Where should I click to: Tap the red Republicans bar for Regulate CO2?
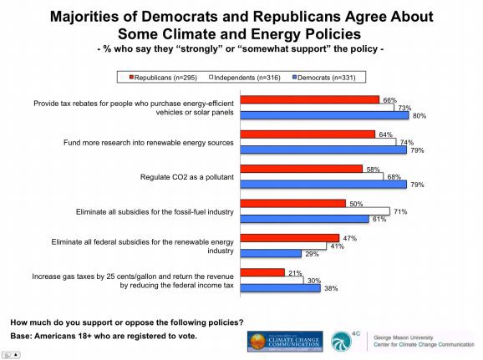[x=302, y=168]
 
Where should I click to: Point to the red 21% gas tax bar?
[x=262, y=272]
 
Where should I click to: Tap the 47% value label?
[x=348, y=238]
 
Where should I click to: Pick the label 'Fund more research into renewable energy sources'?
[x=150, y=142]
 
